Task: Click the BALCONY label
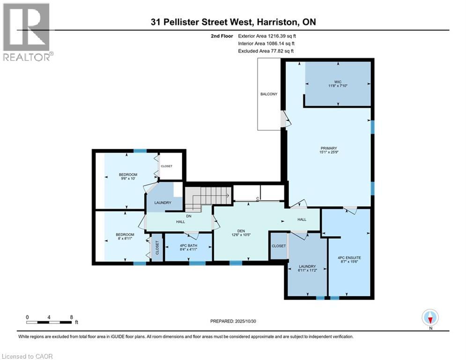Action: [268, 94]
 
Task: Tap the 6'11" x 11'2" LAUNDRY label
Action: [308, 269]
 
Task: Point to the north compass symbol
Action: [430, 318]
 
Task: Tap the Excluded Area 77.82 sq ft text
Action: [266, 51]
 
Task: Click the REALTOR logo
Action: [27, 32]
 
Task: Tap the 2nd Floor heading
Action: [222, 35]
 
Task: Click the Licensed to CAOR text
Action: [27, 356]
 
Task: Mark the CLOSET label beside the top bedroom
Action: [166, 166]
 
